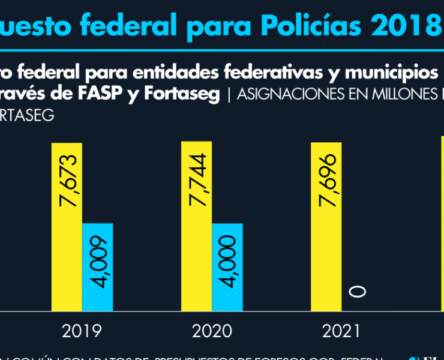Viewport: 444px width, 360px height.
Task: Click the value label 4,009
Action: (x=98, y=262)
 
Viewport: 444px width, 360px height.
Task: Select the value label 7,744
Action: (x=197, y=180)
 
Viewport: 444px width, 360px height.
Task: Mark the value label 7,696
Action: (x=328, y=180)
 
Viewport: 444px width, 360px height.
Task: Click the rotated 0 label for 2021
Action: (x=358, y=292)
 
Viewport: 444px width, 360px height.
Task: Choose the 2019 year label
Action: (x=82, y=331)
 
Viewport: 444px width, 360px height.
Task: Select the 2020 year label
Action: (x=212, y=331)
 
